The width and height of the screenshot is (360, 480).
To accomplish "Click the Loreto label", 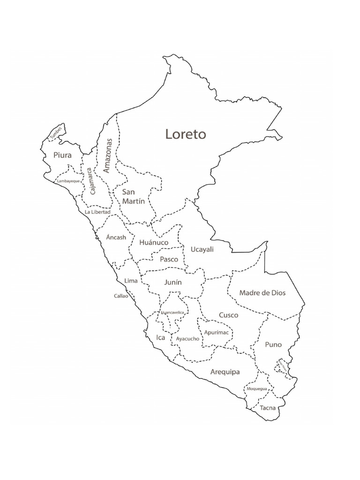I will click(186, 134).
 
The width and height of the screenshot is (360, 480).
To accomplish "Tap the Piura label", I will click(62, 155).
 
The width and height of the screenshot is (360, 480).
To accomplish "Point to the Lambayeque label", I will click(68, 180).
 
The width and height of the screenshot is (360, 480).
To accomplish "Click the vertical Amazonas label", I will click(108, 155).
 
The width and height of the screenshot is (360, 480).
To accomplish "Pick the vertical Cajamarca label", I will click(91, 182).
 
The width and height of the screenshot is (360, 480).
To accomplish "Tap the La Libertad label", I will click(97, 212).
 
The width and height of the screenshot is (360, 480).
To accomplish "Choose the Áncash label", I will click(116, 237).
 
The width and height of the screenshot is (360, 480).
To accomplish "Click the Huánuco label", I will click(153, 242).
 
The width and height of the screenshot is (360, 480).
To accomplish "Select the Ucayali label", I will click(202, 249).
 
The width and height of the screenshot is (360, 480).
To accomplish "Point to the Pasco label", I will click(169, 259).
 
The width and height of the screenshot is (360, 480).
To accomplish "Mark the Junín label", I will click(173, 283).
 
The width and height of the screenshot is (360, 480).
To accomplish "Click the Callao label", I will click(121, 296).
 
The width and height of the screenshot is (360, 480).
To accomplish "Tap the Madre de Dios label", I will click(262, 292).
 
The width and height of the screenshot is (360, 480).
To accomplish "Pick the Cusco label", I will click(228, 315).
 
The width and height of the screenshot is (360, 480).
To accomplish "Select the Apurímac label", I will click(216, 332).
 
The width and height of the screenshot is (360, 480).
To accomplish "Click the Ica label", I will click(160, 337).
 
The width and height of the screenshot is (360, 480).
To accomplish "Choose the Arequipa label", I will click(225, 372).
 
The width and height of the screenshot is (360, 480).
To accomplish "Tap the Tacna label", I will click(268, 408).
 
